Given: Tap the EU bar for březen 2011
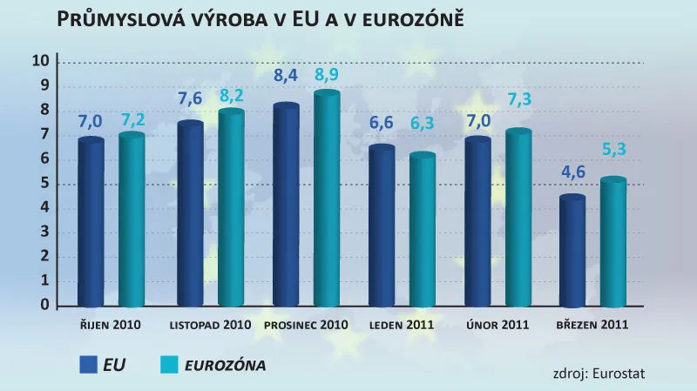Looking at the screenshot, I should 572,252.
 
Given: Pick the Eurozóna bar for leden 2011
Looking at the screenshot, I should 423,231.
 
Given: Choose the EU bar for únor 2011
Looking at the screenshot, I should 477,223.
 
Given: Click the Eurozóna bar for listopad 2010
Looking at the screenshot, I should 231,209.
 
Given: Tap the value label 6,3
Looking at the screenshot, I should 423,124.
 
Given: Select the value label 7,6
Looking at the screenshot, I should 189,98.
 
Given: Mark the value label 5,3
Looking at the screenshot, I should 613,151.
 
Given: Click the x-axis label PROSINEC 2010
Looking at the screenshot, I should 307,325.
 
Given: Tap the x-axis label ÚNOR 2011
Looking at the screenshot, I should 497,325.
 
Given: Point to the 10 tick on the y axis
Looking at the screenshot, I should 40,61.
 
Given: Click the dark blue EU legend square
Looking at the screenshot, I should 90,365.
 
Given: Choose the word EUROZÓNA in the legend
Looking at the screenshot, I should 226,365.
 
